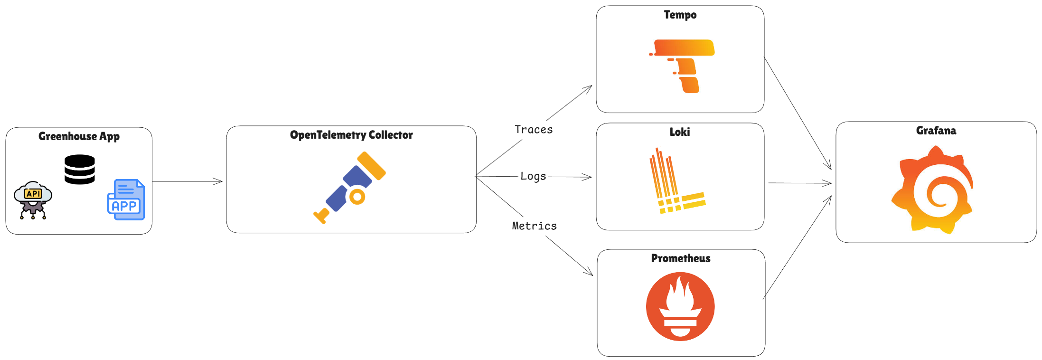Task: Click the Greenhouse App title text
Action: pyautogui.click(x=79, y=136)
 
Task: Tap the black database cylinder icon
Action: pyautogui.click(x=80, y=170)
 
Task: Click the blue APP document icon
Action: pyautogui.click(x=126, y=200)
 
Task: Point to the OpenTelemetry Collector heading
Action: pyautogui.click(x=351, y=135)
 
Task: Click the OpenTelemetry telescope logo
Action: pyautogui.click(x=350, y=187)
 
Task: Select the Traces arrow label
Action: pyautogui.click(x=534, y=130)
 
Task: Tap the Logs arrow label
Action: pyautogui.click(x=533, y=176)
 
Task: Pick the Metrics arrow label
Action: pyautogui.click(x=534, y=226)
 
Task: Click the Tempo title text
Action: pyautogui.click(x=680, y=15)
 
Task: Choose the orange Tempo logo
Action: pyautogui.click(x=682, y=66)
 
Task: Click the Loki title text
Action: pyautogui.click(x=679, y=132)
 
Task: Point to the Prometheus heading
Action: pyautogui.click(x=680, y=258)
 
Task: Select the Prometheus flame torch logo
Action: pyautogui.click(x=680, y=306)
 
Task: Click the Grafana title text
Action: pyautogui.click(x=936, y=131)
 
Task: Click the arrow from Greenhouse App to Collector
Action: pyautogui.click(x=188, y=181)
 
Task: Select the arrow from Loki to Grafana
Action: pyautogui.click(x=800, y=183)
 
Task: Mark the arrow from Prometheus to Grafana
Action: pyautogui.click(x=798, y=247)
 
